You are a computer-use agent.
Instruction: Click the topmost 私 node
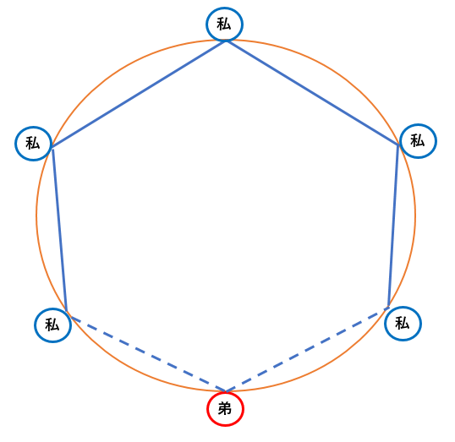tap(225, 24)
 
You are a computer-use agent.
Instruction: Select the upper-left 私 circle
tap(33, 144)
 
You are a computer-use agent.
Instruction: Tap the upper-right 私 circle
tap(418, 141)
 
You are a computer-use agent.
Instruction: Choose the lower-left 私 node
tap(52, 325)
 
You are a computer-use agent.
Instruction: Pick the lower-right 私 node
tap(403, 324)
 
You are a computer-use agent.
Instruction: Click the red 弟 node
tap(225, 409)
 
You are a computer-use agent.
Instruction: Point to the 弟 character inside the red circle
tap(225, 409)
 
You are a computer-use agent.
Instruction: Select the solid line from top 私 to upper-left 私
tap(139, 95)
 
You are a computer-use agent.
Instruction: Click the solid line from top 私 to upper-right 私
tap(313, 93)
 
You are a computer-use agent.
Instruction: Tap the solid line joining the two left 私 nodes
tap(59, 231)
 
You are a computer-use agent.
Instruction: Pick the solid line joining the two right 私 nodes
tap(393, 226)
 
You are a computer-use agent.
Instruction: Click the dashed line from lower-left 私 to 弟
tap(148, 354)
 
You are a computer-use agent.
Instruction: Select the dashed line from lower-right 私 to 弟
tap(308, 350)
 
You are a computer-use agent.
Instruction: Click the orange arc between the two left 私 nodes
tap(36, 229)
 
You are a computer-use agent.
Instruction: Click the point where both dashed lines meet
tap(226, 392)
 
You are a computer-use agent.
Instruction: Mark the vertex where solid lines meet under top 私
tap(226, 41)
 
